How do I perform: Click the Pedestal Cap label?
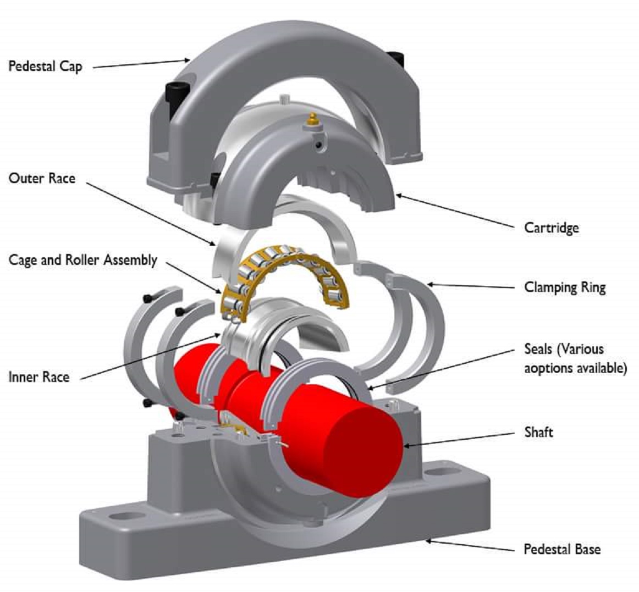[x=45, y=67]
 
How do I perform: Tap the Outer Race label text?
[x=42, y=178]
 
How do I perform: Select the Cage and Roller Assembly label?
[x=83, y=260]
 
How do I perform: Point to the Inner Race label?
[x=39, y=377]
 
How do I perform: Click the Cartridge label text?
[x=551, y=228]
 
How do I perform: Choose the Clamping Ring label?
[x=565, y=287]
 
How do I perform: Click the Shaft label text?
[x=538, y=432]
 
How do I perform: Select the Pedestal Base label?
[x=561, y=549]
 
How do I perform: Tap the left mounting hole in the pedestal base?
[x=126, y=516]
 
